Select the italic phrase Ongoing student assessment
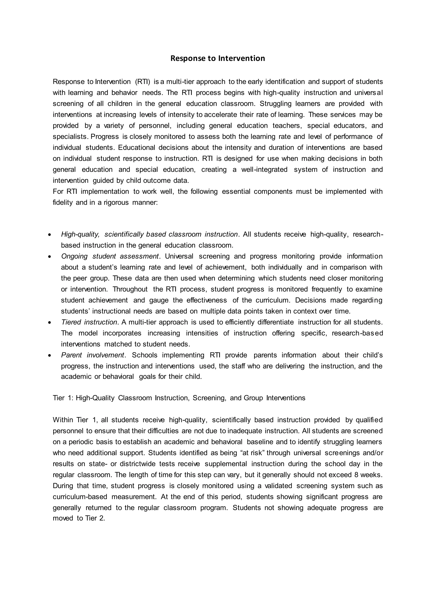click(x=110, y=256)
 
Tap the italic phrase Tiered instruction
click(x=89, y=322)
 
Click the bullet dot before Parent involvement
click(x=49, y=355)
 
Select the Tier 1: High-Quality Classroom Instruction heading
click(x=179, y=398)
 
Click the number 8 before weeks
click(x=356, y=475)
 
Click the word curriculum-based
click(x=80, y=497)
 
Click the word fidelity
click(x=63, y=202)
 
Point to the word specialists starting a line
click(x=70, y=137)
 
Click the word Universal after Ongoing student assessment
click(x=179, y=256)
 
